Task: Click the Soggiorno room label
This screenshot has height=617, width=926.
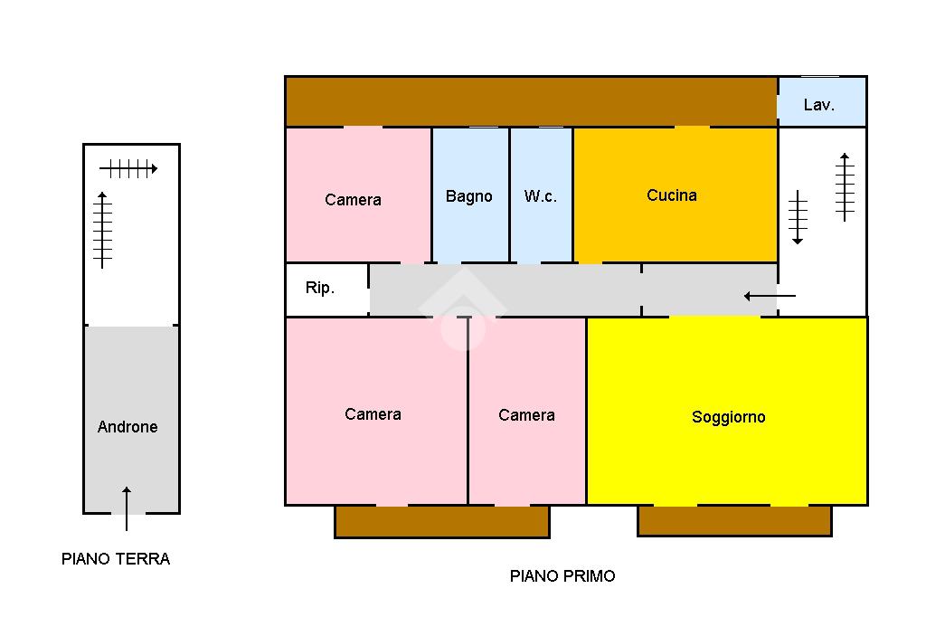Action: point(728,417)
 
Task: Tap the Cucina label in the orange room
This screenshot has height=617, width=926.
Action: point(672,195)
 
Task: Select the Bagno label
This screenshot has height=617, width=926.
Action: point(469,196)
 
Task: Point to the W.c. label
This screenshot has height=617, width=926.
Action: point(541,196)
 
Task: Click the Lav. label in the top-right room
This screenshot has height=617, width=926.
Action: point(819,105)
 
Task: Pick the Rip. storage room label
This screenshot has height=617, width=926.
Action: point(320,289)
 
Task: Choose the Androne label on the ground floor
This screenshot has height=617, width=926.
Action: point(128,427)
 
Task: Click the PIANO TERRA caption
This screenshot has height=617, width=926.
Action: point(116,559)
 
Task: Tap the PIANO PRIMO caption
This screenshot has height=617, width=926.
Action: point(562,576)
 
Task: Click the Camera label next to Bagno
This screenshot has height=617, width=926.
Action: point(353,200)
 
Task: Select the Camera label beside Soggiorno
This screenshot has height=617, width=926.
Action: point(526,415)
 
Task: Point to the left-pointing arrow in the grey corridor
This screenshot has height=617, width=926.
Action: point(770,296)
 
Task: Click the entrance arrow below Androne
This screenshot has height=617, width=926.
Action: point(127,508)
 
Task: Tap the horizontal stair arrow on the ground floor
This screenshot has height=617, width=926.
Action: point(128,168)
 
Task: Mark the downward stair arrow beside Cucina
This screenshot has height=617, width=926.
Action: point(798,217)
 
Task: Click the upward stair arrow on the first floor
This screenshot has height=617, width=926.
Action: point(845,187)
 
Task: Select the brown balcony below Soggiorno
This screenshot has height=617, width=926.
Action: point(734,521)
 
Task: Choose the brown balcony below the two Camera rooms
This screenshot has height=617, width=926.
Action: point(442,522)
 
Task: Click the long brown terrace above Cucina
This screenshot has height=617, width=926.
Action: point(531,101)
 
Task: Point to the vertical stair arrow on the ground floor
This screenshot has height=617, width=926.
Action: point(103,230)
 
